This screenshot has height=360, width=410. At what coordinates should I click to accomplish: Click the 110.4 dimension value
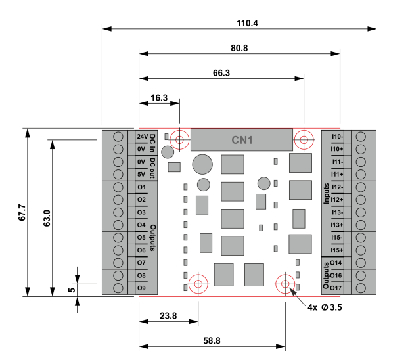click(x=247, y=23)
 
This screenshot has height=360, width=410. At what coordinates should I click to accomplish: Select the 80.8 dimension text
click(x=239, y=48)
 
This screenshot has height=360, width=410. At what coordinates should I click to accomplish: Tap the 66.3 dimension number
click(x=221, y=73)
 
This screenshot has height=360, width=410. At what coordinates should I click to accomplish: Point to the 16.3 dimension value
click(x=159, y=98)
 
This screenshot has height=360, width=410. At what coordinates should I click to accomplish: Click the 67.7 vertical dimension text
click(x=22, y=213)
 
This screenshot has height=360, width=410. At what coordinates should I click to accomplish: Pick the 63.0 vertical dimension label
click(x=47, y=218)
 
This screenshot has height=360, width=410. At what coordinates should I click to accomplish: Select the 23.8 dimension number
click(x=168, y=316)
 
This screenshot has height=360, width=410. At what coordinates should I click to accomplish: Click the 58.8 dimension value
click(x=212, y=341)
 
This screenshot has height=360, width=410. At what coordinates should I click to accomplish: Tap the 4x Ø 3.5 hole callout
click(x=325, y=307)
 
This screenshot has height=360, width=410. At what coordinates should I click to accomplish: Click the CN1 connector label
click(x=242, y=140)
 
